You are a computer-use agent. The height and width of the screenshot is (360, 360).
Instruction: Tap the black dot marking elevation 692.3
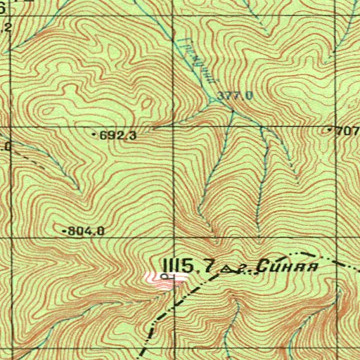[x=96, y=133]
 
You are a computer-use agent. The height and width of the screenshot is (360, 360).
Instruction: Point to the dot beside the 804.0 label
[x=65, y=231]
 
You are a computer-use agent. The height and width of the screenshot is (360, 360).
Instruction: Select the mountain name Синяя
[x=288, y=266]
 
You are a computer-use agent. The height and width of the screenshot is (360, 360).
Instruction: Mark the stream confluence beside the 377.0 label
[x=214, y=101]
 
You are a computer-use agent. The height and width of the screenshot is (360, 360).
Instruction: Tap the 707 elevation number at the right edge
[x=348, y=131]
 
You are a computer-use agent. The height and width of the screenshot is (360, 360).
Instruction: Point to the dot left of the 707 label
[x=331, y=131]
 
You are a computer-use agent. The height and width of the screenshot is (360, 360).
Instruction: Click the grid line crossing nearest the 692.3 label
[x=172, y=128]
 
